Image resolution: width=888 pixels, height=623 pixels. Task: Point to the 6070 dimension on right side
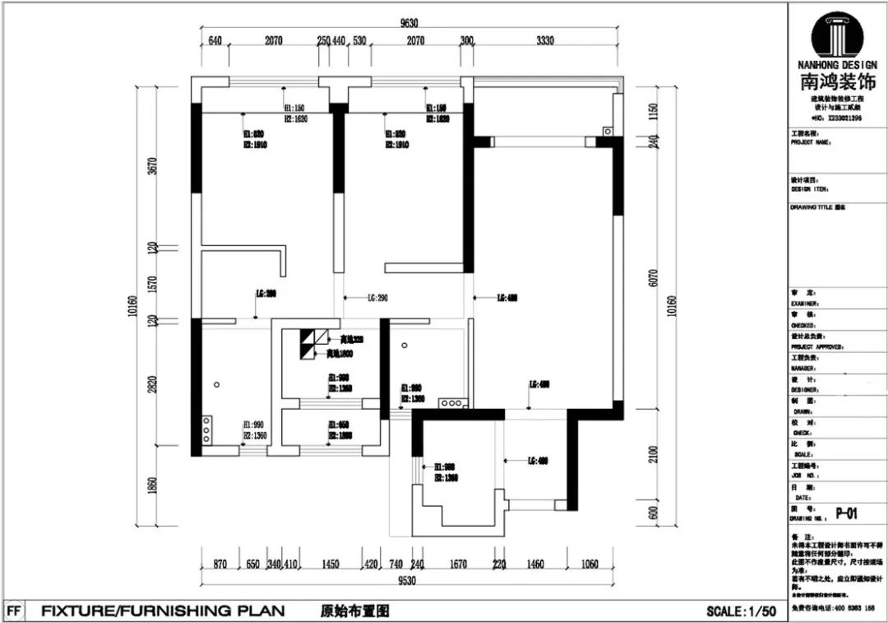[x=652, y=278]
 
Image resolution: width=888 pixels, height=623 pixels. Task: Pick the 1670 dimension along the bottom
[x=458, y=565]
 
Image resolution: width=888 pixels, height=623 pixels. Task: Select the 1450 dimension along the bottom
[x=331, y=565]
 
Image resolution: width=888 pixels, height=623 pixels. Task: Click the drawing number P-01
[x=847, y=514]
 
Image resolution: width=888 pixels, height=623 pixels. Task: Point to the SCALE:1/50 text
[x=741, y=611]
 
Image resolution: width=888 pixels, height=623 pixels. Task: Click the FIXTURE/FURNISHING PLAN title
[x=163, y=611]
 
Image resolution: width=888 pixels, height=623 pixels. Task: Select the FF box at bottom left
[x=13, y=611]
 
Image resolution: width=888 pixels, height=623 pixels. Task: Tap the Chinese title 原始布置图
[x=354, y=611]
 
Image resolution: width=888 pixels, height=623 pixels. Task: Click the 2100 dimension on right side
[x=652, y=454]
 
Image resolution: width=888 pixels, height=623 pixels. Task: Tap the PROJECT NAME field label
[x=812, y=142]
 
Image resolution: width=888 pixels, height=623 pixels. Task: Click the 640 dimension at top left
[x=215, y=40]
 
